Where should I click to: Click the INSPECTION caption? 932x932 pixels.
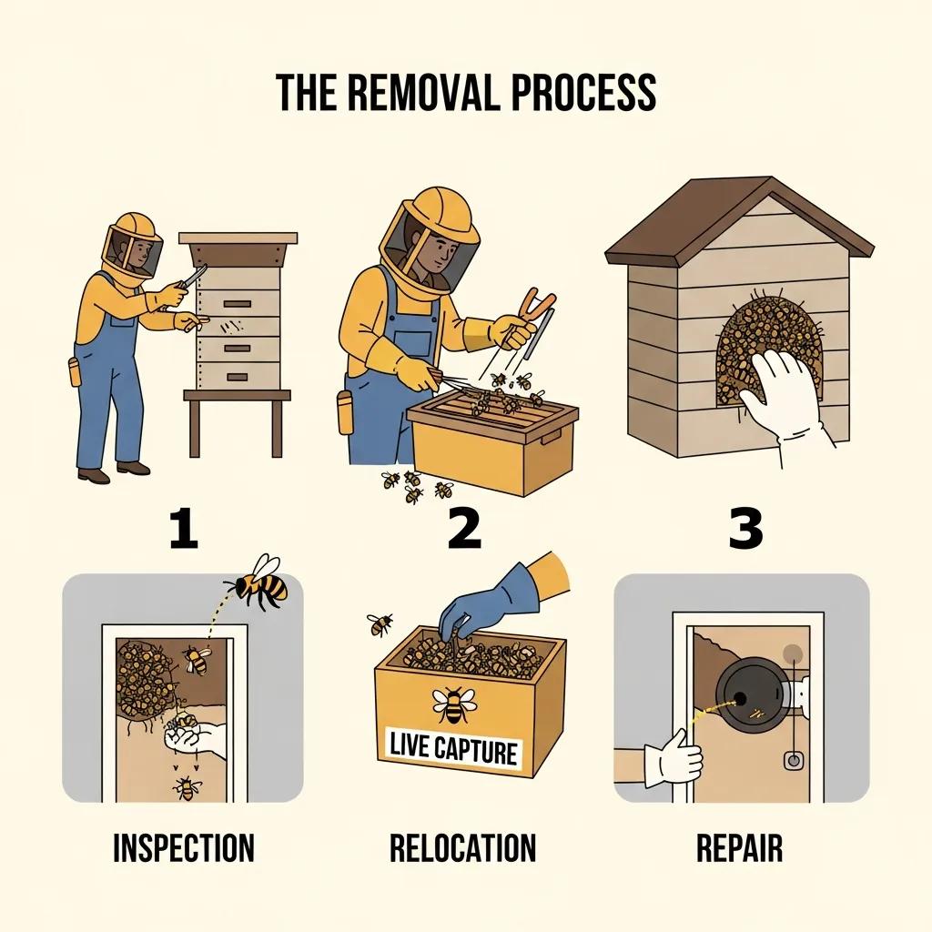(x=183, y=847)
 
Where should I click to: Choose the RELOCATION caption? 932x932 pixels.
(x=462, y=847)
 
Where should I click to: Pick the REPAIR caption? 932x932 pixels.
(x=739, y=847)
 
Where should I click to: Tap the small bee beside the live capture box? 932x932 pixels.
(x=380, y=623)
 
